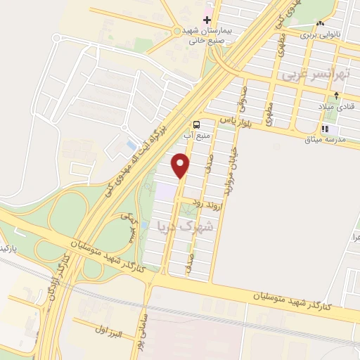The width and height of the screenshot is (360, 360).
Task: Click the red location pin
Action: (x=181, y=165)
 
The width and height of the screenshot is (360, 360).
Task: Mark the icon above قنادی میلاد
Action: (x=337, y=96)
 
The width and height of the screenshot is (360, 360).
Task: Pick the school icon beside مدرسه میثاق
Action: (x=325, y=129)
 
